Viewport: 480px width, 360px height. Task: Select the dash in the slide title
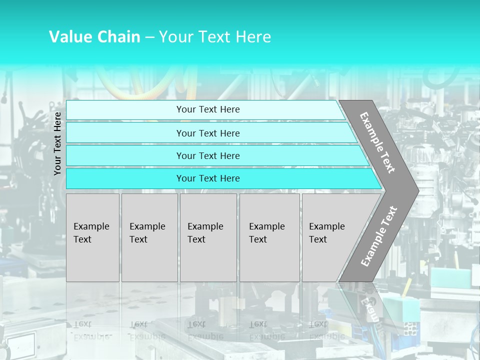pos(149,37)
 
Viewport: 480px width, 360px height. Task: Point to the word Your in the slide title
pos(175,37)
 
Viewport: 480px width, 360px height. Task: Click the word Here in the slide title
pos(253,37)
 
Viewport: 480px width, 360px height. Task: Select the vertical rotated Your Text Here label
pos(57,143)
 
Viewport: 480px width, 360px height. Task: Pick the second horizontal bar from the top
pos(207,133)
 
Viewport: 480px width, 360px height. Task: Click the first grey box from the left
pos(92,237)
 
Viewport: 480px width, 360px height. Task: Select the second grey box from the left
pos(149,237)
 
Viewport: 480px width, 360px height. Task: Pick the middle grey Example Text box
pos(208,237)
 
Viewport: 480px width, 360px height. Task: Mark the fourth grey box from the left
pos(269,237)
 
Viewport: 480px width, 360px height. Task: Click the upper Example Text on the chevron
pos(377,142)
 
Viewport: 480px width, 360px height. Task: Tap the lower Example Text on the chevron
pos(378,236)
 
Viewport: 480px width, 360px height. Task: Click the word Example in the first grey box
pos(91,226)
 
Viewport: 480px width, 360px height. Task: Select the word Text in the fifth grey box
pos(318,239)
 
